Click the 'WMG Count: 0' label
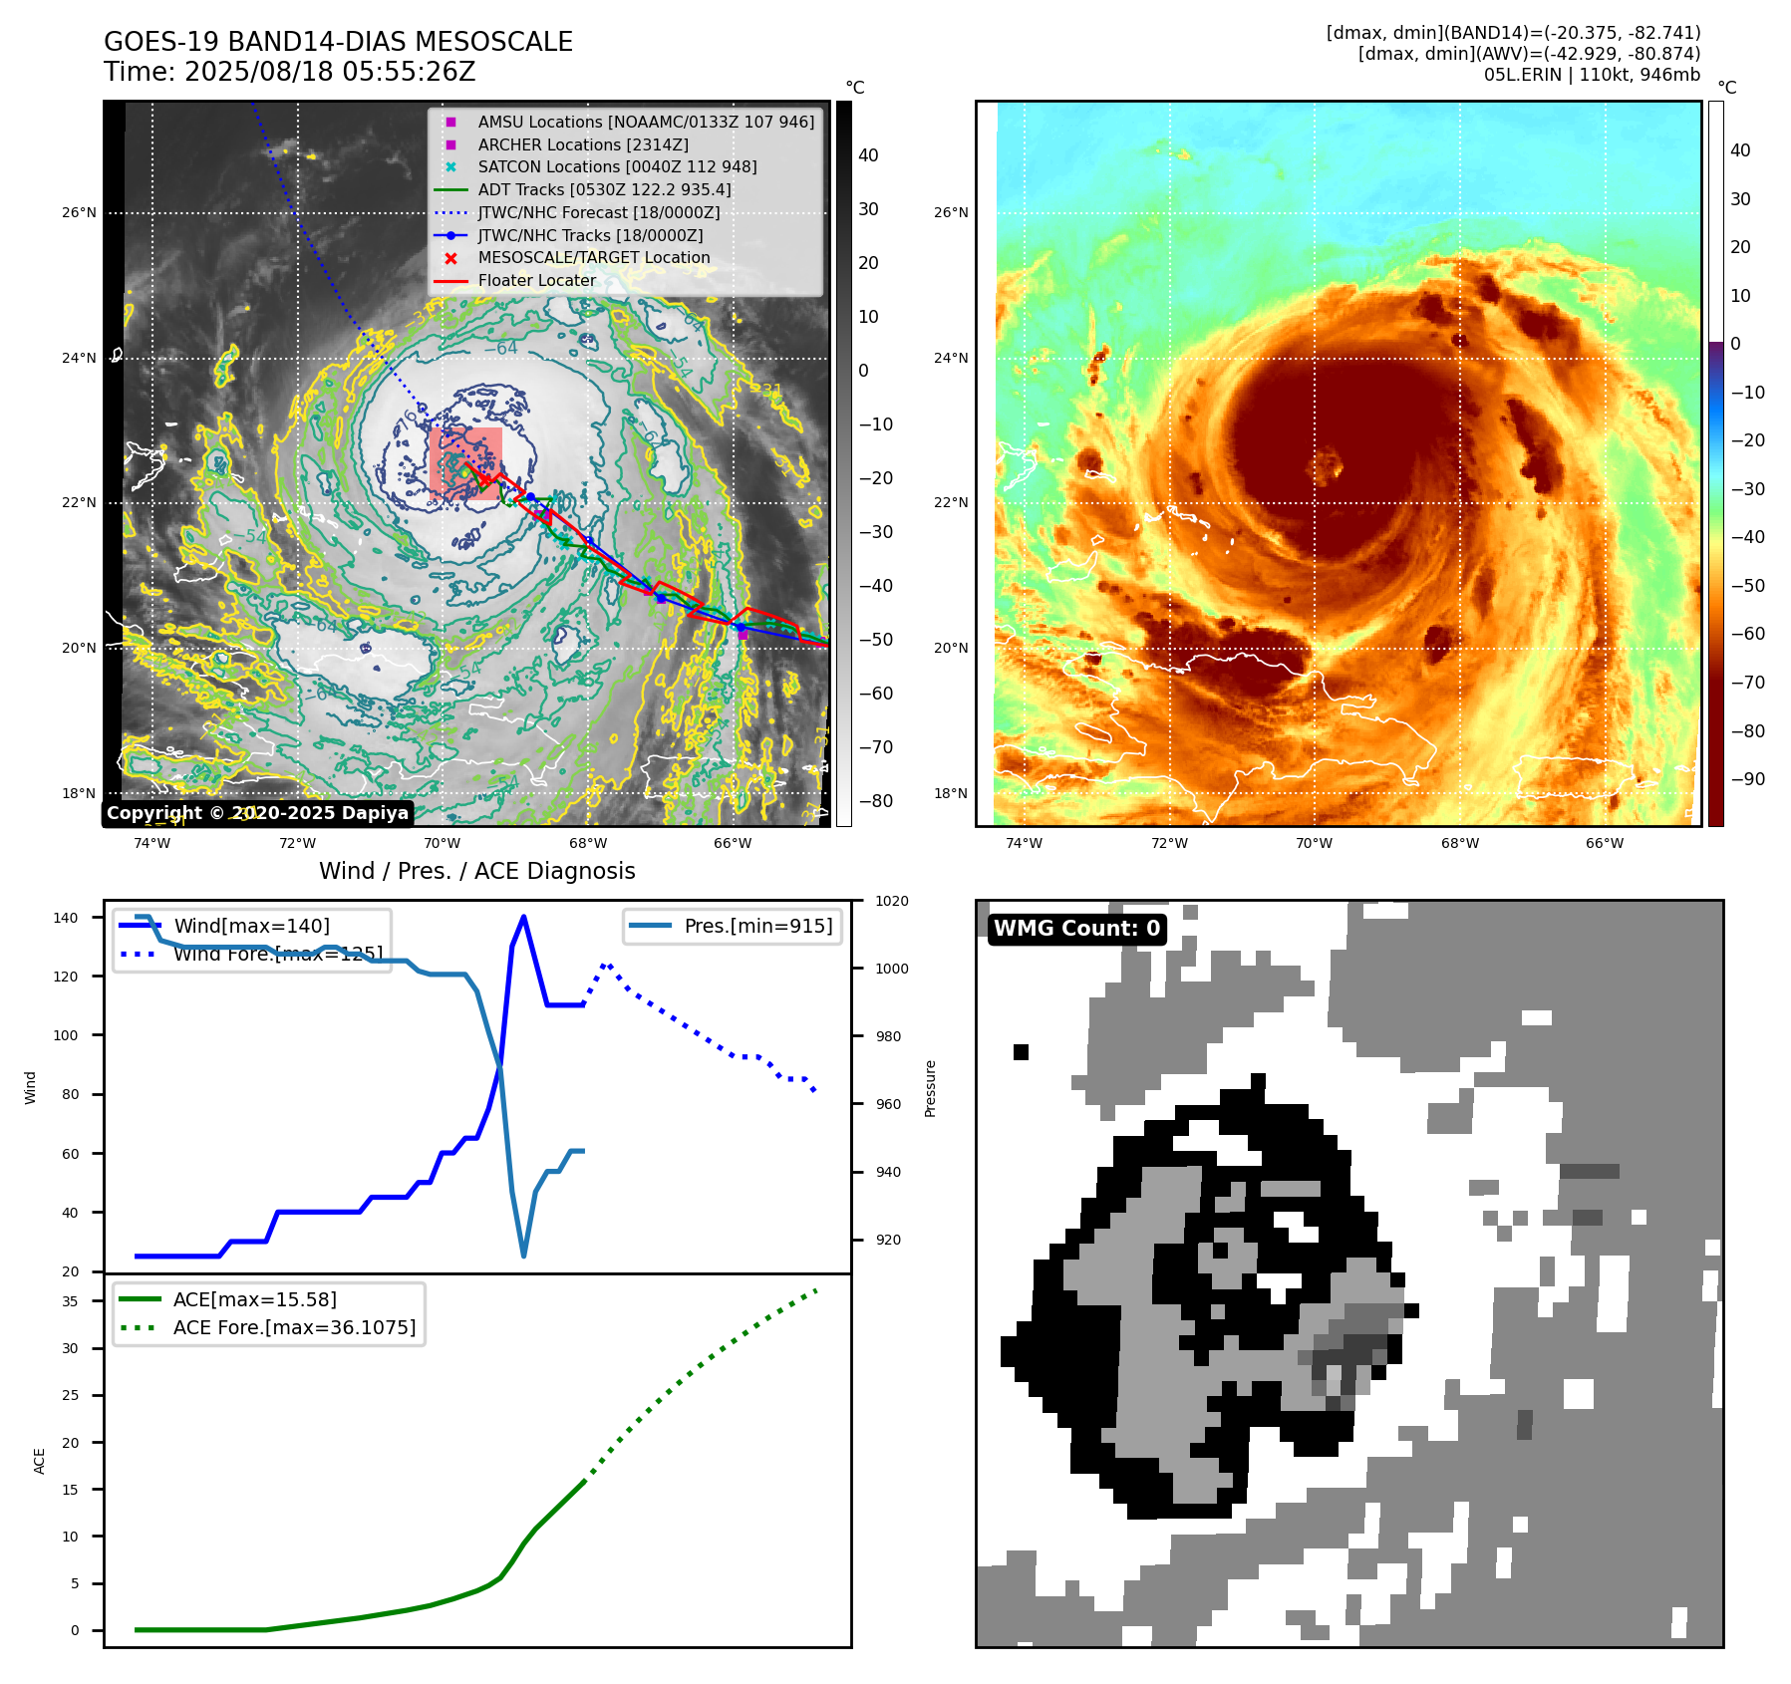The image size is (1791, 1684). point(1076,929)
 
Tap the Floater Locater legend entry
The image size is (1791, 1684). point(536,281)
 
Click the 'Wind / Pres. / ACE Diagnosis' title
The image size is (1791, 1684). point(476,871)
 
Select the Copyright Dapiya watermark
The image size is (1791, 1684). point(257,813)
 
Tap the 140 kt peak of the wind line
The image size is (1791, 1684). point(523,917)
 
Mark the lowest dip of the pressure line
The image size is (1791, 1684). point(523,1256)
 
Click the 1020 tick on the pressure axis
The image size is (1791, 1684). point(891,902)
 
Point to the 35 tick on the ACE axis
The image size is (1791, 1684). point(70,1301)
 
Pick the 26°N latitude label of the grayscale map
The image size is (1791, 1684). point(79,213)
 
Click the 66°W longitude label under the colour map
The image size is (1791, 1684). point(1604,844)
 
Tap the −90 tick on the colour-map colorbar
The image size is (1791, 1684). point(1747,779)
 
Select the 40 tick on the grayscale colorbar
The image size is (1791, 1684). point(868,155)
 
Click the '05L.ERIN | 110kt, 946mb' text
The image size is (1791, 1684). point(1591,75)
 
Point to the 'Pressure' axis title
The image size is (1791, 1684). point(930,1088)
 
